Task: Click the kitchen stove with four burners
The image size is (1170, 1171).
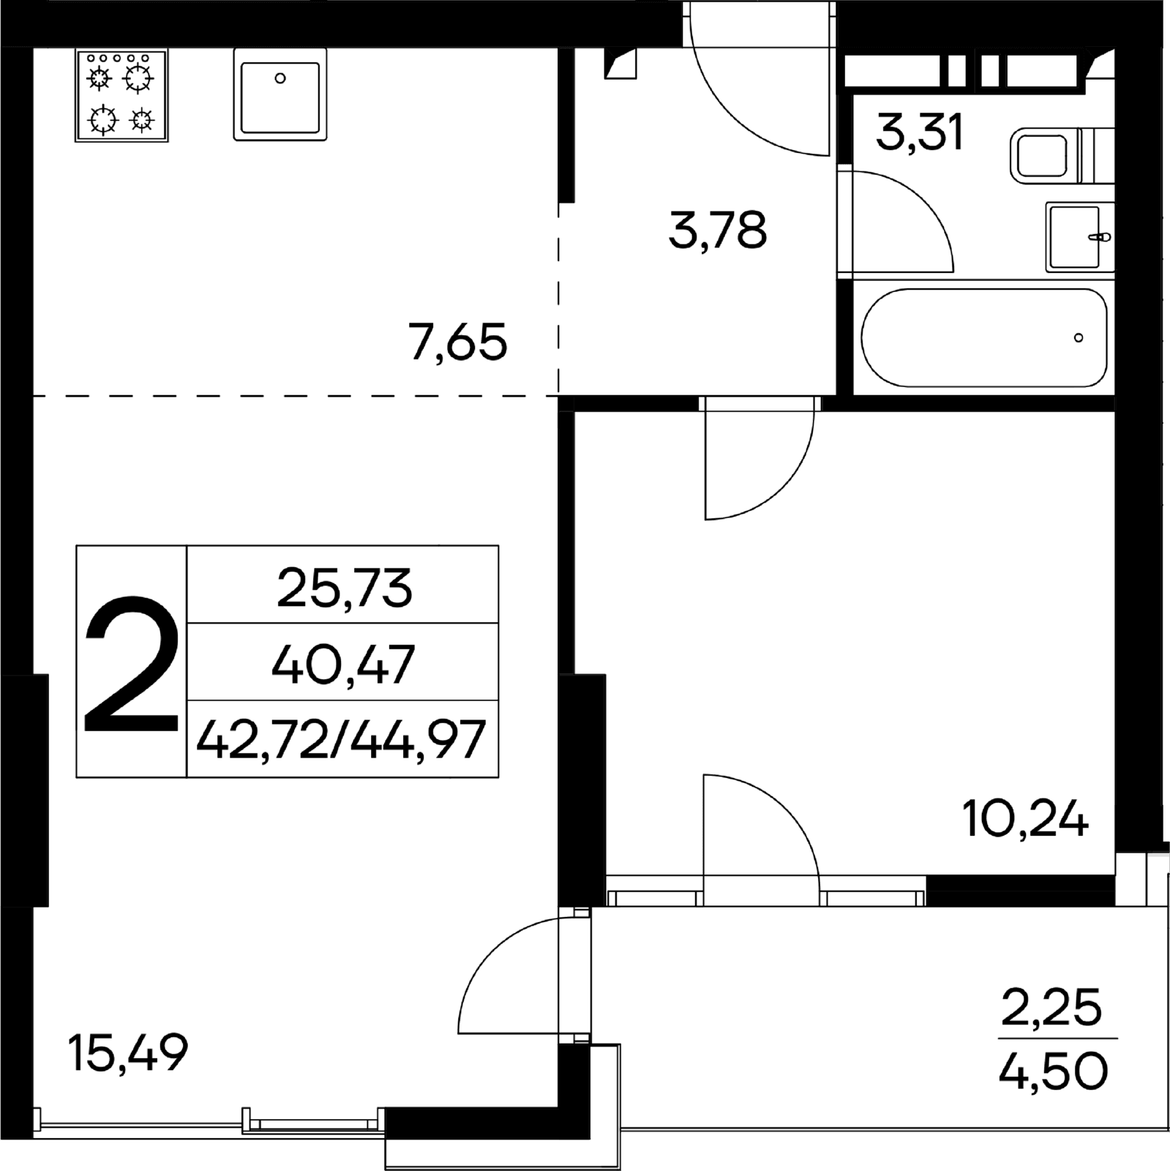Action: click(121, 95)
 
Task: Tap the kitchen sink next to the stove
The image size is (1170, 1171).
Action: click(280, 94)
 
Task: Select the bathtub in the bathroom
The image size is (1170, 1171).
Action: click(984, 337)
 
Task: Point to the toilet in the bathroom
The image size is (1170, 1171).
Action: click(1062, 155)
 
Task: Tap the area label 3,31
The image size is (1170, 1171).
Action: click(920, 133)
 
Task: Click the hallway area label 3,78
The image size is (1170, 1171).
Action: click(718, 230)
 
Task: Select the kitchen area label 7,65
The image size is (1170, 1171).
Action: click(458, 342)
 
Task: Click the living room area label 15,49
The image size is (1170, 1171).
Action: click(128, 1052)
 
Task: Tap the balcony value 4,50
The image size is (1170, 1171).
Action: click(1054, 1071)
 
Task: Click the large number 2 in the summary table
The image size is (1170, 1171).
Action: click(132, 664)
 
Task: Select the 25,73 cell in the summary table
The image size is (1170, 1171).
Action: click(343, 585)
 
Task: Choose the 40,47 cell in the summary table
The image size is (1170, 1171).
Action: click(343, 662)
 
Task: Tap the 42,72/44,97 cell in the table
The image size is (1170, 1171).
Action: click(343, 739)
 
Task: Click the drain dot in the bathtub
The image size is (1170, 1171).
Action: click(1079, 338)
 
